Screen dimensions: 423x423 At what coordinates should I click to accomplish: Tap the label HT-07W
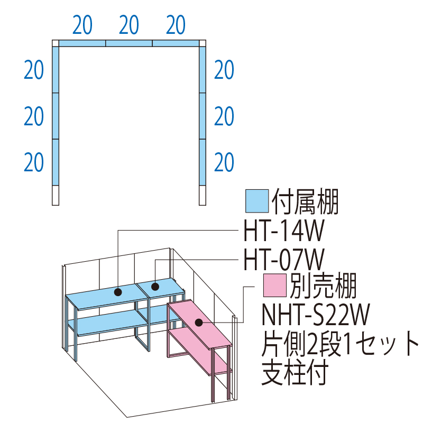point(283,260)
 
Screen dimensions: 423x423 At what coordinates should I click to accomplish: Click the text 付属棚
point(305,201)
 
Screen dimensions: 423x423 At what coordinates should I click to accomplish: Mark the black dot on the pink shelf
point(199,322)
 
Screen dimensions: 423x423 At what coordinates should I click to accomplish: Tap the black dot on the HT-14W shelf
point(117,291)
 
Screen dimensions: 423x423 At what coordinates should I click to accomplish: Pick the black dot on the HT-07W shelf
point(155,287)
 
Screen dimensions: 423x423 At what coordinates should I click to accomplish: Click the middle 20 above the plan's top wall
point(129,24)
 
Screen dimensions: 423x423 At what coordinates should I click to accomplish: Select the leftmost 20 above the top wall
point(83,24)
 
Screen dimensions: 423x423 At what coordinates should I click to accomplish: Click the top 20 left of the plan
point(34,70)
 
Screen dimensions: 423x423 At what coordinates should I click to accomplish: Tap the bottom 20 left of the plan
point(34,162)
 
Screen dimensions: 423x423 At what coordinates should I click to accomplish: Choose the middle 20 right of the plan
point(224,116)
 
